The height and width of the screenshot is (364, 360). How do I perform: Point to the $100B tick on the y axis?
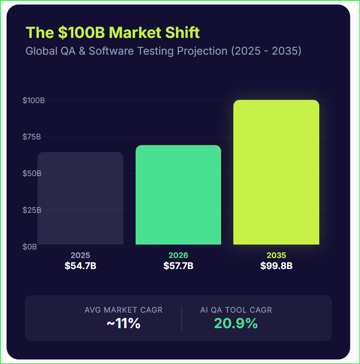(33, 100)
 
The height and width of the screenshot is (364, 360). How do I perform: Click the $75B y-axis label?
(32, 137)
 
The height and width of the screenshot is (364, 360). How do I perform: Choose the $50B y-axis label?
(32, 173)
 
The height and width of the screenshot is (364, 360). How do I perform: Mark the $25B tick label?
(32, 210)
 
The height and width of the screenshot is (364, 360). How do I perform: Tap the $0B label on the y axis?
(30, 247)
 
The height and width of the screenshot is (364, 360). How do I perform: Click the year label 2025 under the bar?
(81, 256)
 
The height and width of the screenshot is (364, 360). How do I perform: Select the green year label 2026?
(178, 256)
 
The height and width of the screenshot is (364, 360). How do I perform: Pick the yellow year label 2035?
(277, 256)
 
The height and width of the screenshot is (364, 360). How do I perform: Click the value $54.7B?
(81, 266)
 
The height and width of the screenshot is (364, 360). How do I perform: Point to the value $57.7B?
(178, 266)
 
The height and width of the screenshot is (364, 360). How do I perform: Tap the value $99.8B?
(277, 266)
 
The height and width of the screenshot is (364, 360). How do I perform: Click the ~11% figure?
(123, 324)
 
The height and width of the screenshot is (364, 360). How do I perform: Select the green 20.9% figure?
(236, 323)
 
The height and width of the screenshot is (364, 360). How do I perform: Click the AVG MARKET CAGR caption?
(123, 310)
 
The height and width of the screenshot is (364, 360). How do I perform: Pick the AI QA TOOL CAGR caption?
(236, 310)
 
